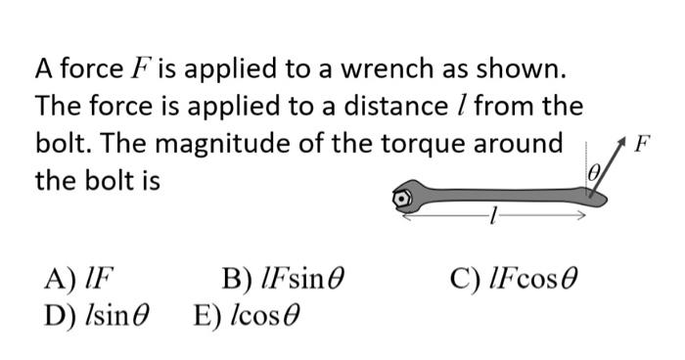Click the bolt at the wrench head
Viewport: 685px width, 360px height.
coord(403,198)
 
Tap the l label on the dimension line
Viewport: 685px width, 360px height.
coord(495,219)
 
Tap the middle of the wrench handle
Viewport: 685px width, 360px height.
coord(499,197)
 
